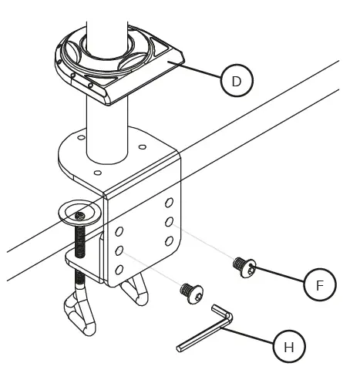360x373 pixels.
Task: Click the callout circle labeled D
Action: coord(237,80)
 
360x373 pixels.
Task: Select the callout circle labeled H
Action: coord(289,348)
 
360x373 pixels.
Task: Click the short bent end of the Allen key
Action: coord(220,314)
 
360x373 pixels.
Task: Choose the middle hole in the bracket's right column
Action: coord(169,222)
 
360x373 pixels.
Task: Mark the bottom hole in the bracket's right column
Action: coord(169,241)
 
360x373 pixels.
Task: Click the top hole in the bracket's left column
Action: coord(119,232)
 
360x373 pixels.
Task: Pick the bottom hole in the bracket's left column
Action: coord(119,269)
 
